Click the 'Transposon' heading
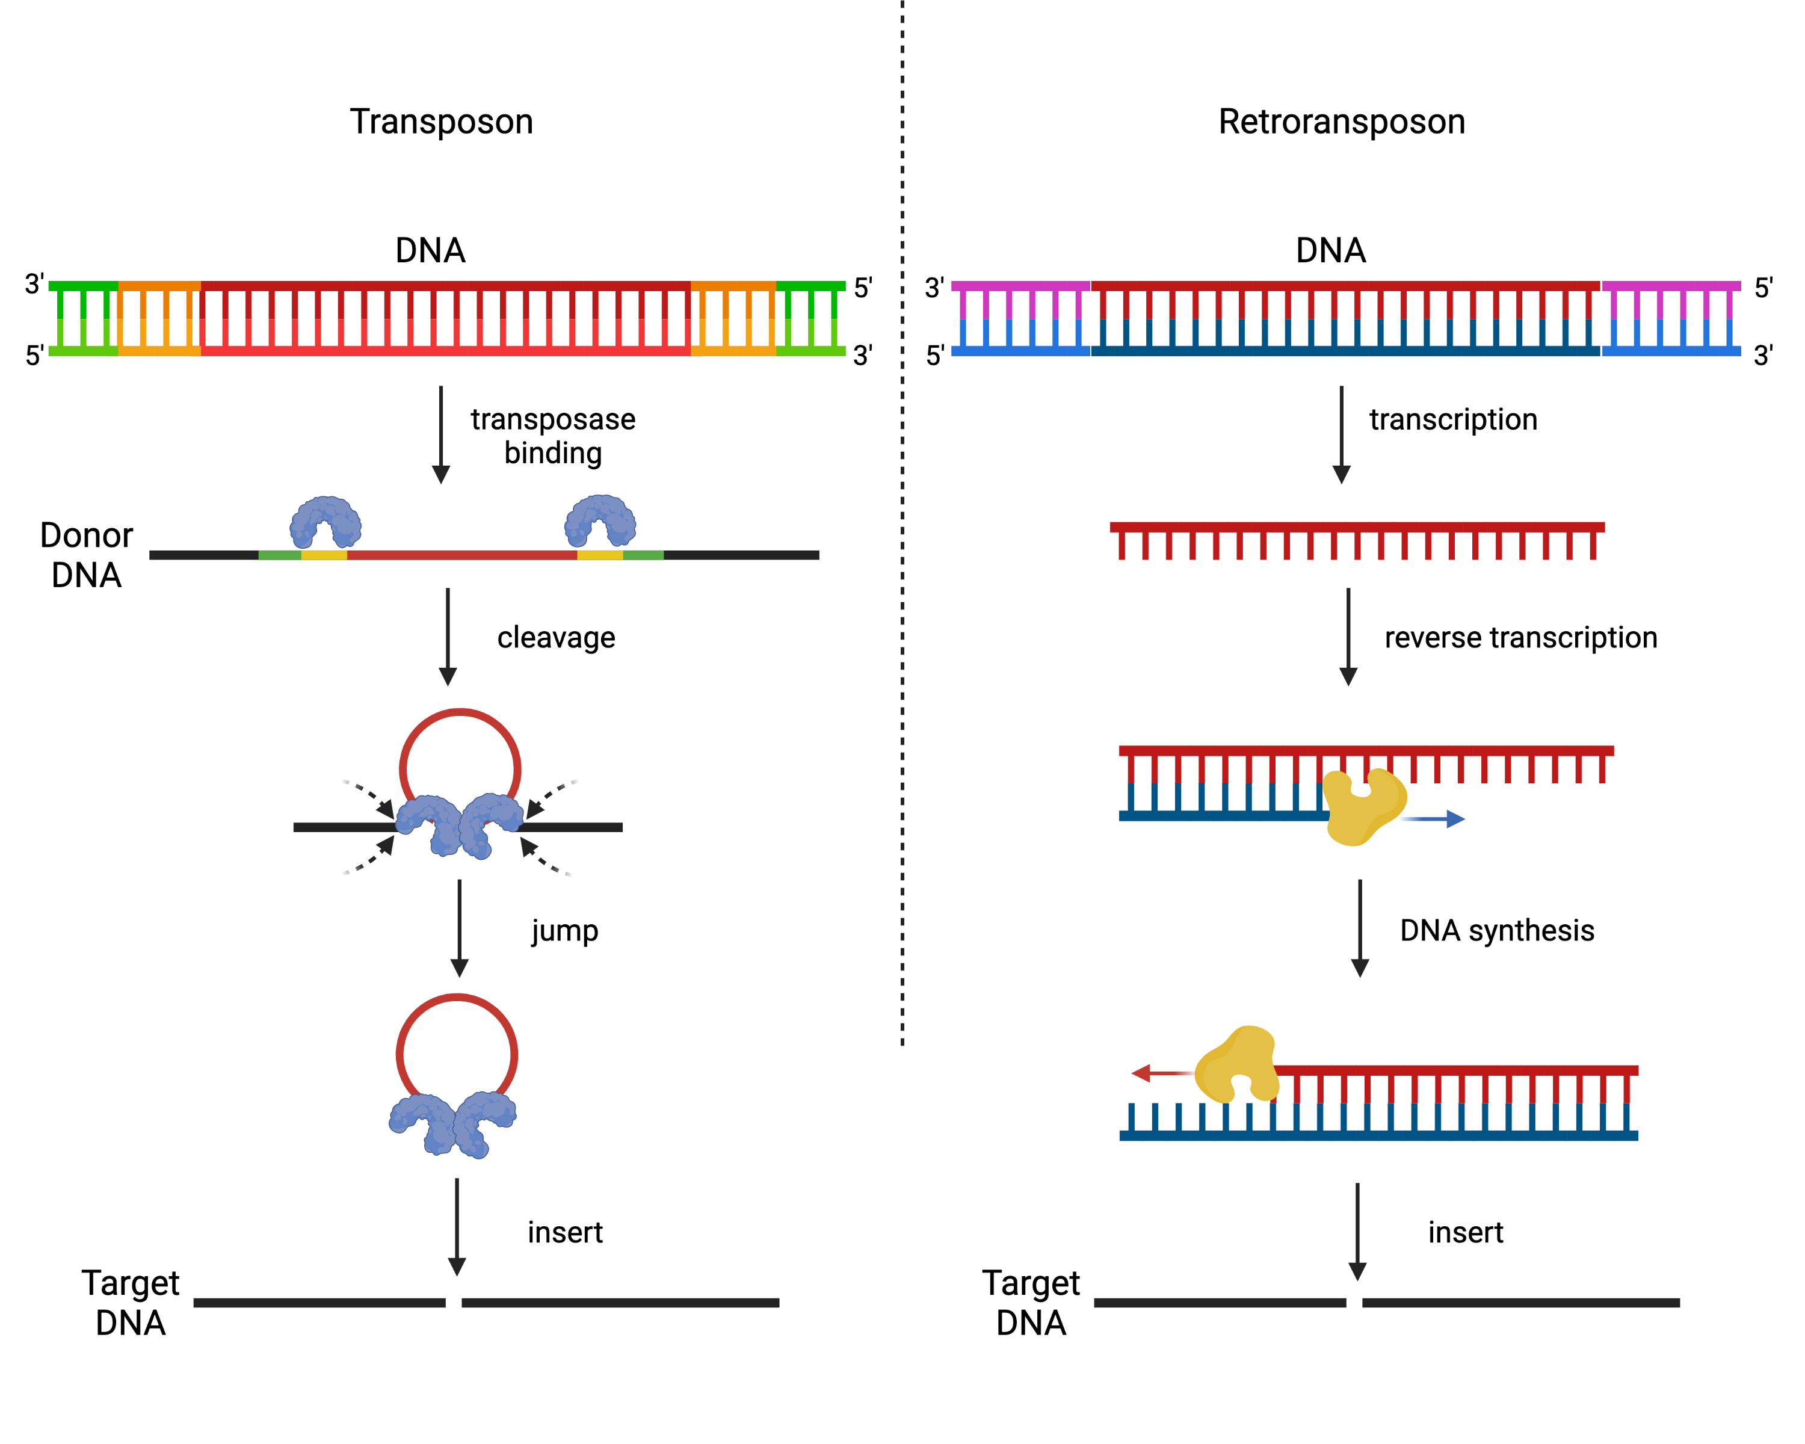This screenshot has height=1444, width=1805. coord(441,122)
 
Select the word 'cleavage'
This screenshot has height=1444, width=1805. coord(556,638)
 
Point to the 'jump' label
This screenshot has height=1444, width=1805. coord(565,931)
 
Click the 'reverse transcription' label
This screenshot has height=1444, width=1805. coord(1520,638)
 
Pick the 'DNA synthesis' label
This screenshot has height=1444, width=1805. coord(1497,931)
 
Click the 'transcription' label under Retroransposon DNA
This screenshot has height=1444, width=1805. coord(1454,419)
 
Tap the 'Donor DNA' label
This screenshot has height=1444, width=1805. coord(86,555)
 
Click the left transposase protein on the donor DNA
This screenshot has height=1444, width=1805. coord(326,522)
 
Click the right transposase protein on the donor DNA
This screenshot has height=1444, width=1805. coord(600,520)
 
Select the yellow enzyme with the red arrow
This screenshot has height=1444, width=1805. coord(1238,1065)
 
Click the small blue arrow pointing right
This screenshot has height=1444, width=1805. coord(1433,819)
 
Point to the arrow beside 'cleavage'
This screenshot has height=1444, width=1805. coord(448,637)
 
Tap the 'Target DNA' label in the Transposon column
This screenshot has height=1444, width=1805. coord(131,1303)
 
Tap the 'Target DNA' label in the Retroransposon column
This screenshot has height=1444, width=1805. coord(1031,1303)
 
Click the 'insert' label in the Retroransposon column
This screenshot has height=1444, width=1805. coord(1466,1233)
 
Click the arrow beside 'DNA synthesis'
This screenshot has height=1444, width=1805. coord(1360,928)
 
